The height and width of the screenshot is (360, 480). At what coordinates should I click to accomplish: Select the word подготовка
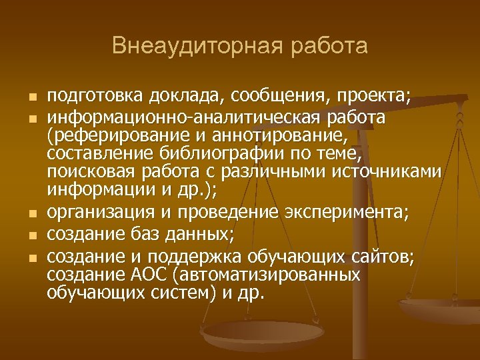click(x=89, y=97)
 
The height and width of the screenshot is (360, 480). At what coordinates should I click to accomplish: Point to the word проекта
click(x=372, y=97)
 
